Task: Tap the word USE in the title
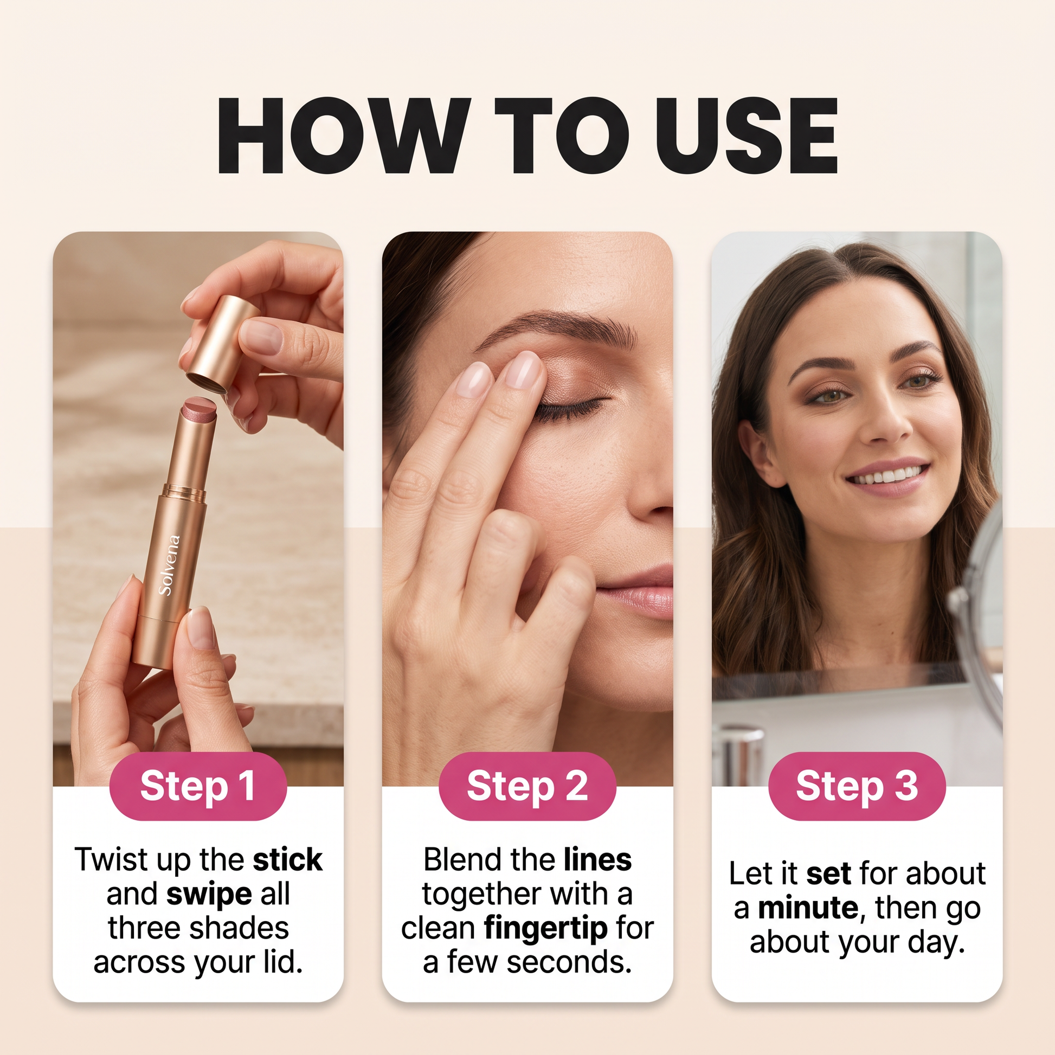(747, 136)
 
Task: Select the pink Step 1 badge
(198, 786)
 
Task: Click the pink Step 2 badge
(527, 786)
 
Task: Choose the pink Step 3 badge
(857, 786)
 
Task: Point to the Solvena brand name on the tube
(169, 565)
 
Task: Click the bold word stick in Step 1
(288, 859)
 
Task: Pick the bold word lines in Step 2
(598, 859)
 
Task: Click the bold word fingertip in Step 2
(546, 929)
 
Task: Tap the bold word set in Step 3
(828, 874)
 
